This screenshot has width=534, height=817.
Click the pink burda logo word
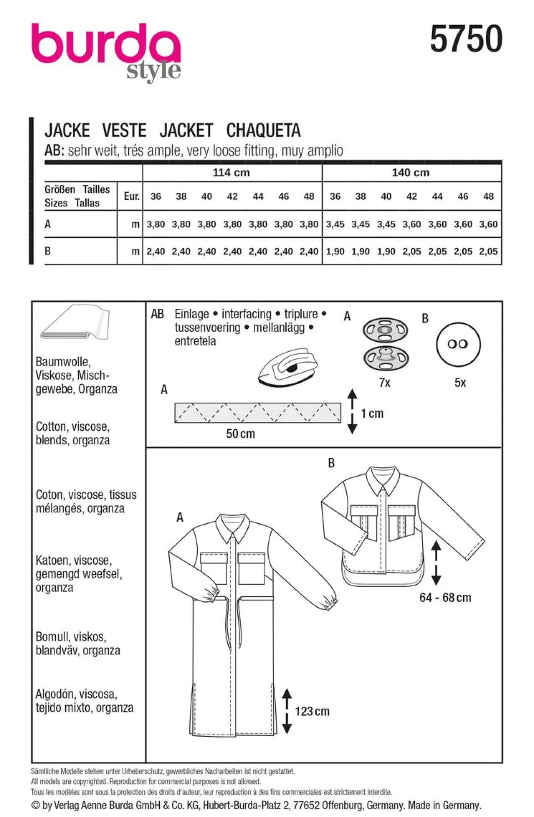pyautogui.click(x=106, y=45)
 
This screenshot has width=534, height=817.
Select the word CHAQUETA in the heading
pyautogui.click(x=263, y=130)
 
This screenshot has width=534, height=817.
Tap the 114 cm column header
pyautogui.click(x=231, y=172)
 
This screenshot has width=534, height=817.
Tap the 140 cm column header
pyautogui.click(x=410, y=172)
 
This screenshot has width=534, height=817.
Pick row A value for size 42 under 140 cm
pyautogui.click(x=412, y=224)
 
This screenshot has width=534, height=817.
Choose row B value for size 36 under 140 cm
pyautogui.click(x=335, y=251)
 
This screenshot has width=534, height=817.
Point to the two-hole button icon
pyautogui.click(x=458, y=344)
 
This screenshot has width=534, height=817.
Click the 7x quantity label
pyautogui.click(x=385, y=382)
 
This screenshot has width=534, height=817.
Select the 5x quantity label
pyautogui.click(x=460, y=382)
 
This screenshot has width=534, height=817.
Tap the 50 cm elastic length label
pyautogui.click(x=241, y=433)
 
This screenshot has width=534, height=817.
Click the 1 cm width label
pyautogui.click(x=372, y=413)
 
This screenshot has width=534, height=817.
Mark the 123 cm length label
pyautogui.click(x=312, y=711)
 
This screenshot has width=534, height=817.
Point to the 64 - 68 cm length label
pyautogui.click(x=445, y=598)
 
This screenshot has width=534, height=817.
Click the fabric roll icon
pyautogui.click(x=75, y=323)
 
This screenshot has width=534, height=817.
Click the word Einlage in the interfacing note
pyautogui.click(x=192, y=314)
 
